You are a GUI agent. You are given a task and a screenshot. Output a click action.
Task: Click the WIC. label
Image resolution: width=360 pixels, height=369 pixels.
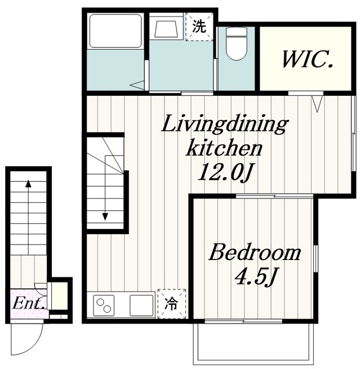(307, 59)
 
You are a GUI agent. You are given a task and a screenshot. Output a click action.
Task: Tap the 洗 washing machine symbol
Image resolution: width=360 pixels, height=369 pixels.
(200, 27)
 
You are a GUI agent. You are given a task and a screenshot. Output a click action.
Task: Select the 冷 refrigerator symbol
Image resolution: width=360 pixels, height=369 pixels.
(172, 304)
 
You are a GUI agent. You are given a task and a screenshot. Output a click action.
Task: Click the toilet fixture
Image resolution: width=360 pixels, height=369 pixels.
(236, 44)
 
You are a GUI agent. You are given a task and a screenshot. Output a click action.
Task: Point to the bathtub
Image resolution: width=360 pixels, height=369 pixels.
(115, 32)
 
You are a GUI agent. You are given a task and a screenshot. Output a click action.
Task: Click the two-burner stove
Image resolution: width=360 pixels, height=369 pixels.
(104, 306)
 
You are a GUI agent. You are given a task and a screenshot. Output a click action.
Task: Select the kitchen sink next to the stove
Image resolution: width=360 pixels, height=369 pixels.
(142, 305)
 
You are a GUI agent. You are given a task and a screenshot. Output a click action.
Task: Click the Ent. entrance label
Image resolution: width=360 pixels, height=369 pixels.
(29, 303)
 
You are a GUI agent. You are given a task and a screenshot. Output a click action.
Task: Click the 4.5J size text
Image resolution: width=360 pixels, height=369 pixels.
(256, 277)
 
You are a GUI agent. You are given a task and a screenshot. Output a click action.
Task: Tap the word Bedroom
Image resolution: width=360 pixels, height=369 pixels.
(255, 253)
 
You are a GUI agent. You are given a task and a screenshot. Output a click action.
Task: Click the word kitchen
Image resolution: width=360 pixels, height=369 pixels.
(224, 149)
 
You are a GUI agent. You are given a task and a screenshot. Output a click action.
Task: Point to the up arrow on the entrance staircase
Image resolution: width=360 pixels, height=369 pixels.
(28, 217)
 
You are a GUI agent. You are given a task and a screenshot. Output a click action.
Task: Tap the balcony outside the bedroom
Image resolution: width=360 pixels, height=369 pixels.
(254, 344)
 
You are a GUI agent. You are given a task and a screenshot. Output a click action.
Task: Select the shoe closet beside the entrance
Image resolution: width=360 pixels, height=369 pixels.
(59, 296)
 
